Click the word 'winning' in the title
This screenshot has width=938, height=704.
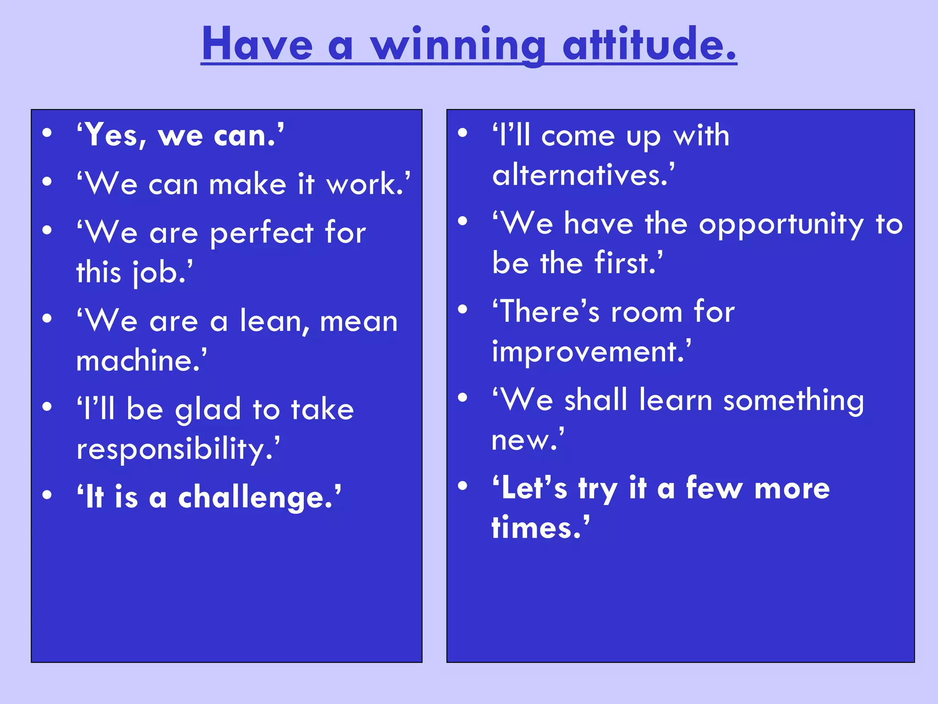pyautogui.click(x=458, y=45)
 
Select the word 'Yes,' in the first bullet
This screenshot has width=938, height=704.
pyautogui.click(x=112, y=136)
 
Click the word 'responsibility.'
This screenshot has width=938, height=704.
pyautogui.click(x=178, y=449)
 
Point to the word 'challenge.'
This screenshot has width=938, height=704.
pyautogui.click(x=259, y=498)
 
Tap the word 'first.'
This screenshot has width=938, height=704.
pyautogui.click(x=628, y=263)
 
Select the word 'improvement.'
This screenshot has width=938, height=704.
pyautogui.click(x=591, y=352)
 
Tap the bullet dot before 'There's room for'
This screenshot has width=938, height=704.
pyautogui.click(x=463, y=309)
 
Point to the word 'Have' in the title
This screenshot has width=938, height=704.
pyautogui.click(x=257, y=45)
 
